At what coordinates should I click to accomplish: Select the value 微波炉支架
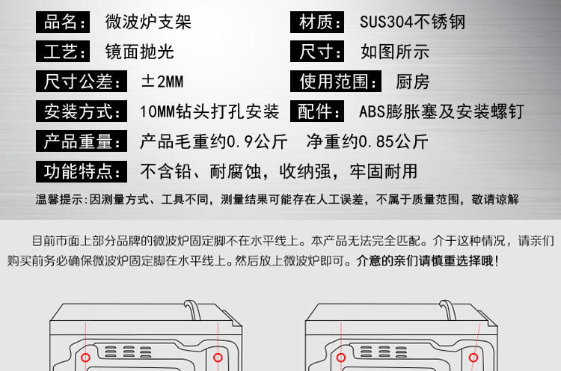tap(148, 22)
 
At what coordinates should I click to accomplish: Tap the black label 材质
tap(320, 22)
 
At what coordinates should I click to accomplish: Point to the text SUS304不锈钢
tap(411, 22)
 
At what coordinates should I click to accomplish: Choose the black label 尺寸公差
tap(78, 82)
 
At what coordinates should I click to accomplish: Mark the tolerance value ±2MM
tap(162, 82)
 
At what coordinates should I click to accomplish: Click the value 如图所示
tap(394, 52)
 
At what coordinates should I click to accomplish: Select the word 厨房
tap(412, 82)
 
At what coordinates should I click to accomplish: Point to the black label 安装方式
tap(78, 112)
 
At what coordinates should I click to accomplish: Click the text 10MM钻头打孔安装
tap(209, 112)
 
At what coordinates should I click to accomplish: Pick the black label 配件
tap(320, 112)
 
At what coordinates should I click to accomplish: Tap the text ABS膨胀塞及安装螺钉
tap(441, 112)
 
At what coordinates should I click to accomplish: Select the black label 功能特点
tap(78, 171)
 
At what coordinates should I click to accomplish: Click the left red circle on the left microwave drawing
tap(86, 357)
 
